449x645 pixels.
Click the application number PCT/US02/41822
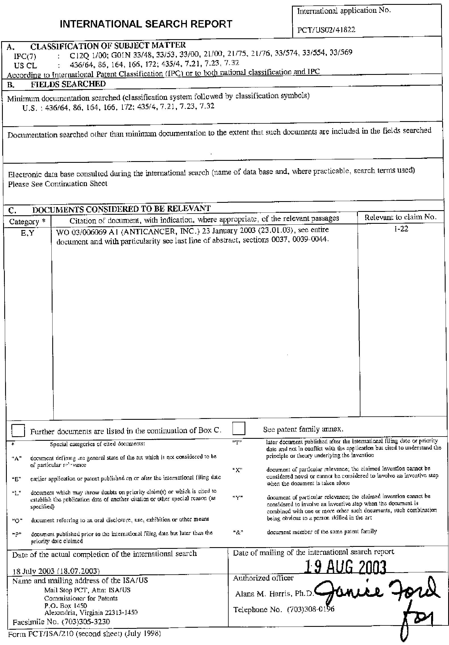(x=326, y=30)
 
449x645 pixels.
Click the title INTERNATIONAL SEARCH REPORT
(x=146, y=24)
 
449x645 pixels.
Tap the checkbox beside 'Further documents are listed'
(x=18, y=431)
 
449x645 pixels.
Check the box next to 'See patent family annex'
(x=239, y=429)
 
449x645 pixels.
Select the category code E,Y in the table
(x=27, y=234)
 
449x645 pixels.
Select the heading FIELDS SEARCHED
(x=68, y=84)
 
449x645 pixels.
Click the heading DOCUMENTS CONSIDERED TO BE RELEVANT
(x=121, y=209)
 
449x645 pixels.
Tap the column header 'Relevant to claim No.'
(x=400, y=218)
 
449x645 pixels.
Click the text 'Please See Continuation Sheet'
(x=58, y=184)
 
